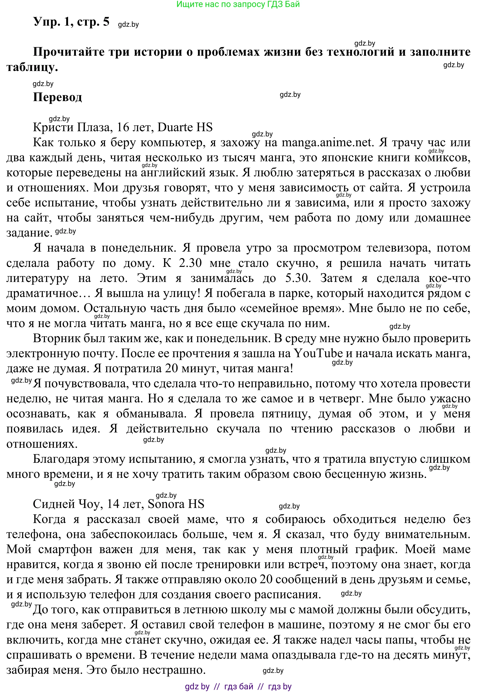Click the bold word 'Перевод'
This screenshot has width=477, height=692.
tap(57, 97)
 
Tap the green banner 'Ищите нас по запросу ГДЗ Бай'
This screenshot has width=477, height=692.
tap(238, 4)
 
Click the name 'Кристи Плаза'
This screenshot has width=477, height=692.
tap(71, 128)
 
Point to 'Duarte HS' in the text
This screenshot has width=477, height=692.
tap(185, 128)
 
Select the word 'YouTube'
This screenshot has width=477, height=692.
tap(318, 353)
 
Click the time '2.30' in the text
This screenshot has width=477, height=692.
tap(190, 263)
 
